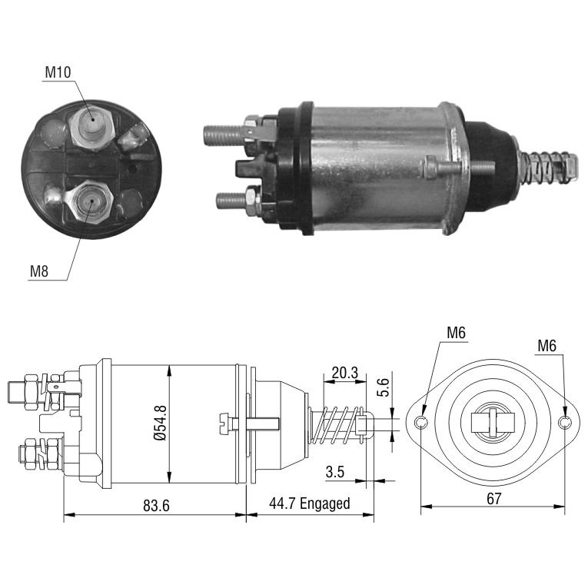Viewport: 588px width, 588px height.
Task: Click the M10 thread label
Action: [58, 72]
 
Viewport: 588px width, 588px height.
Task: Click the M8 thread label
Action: [39, 271]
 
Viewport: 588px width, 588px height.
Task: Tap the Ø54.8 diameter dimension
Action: [160, 423]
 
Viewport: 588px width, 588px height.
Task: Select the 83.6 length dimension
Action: [156, 506]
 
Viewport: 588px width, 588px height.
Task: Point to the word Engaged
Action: [325, 503]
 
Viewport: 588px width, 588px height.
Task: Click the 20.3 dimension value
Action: [344, 373]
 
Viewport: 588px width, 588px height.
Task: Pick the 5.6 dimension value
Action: [384, 387]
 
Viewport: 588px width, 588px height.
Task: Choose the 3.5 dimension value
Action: [335, 472]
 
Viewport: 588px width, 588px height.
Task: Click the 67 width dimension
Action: [493, 498]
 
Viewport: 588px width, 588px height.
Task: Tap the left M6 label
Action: [456, 333]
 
